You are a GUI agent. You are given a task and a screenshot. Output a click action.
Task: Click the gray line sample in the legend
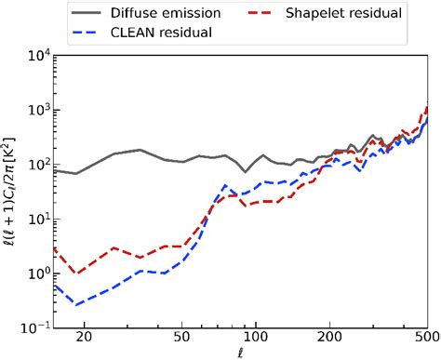tap(89, 14)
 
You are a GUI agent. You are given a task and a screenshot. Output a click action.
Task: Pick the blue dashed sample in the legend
tap(89, 33)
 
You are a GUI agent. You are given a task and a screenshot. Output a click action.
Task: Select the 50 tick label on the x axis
tap(182, 339)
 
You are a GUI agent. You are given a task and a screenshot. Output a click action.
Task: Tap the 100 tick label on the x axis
tap(256, 339)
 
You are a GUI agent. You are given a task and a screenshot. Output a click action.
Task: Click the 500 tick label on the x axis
tap(426, 339)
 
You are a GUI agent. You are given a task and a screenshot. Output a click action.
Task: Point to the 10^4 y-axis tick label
tap(33, 56)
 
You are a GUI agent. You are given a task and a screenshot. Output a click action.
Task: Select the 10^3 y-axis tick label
tap(33, 110)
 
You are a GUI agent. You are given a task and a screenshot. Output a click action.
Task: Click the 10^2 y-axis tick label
tap(33, 164)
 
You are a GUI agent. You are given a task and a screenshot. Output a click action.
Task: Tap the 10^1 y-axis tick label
tap(33, 219)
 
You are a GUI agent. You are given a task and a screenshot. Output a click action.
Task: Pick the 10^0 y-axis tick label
tap(33, 273)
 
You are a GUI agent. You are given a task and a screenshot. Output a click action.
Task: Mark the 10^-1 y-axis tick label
tap(32, 327)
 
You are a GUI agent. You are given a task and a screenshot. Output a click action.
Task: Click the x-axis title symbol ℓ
tap(240, 353)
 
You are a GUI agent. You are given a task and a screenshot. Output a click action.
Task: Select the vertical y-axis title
tap(9, 191)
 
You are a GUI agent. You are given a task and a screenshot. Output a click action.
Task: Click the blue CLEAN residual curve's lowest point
tap(76, 304)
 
